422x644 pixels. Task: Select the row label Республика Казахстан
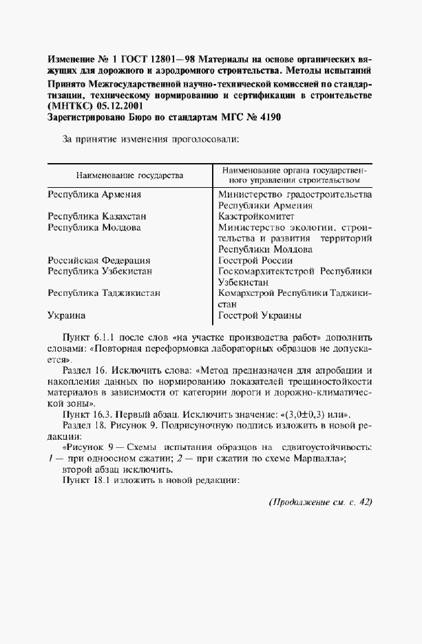coord(97,216)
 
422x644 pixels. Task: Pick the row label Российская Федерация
coord(99,261)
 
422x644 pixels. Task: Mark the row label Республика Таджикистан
coord(104,293)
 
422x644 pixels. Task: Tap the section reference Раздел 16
coord(86,370)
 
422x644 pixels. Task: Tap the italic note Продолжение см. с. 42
coord(319,502)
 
